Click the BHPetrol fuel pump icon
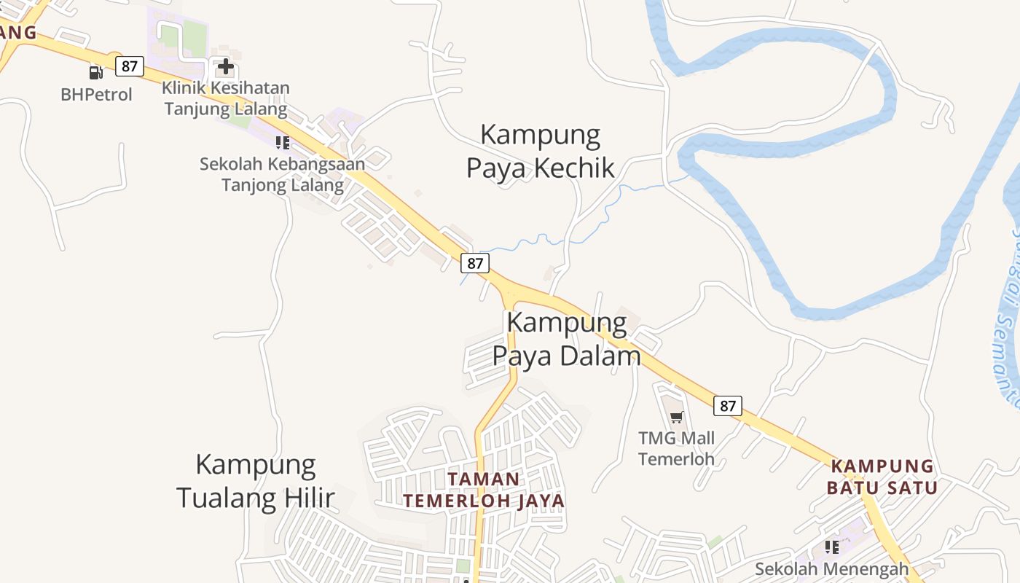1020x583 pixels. click(95, 72)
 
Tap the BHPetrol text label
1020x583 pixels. click(96, 94)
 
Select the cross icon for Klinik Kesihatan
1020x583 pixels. click(226, 67)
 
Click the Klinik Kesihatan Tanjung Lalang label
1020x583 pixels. click(225, 98)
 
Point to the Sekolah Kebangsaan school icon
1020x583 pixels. click(283, 142)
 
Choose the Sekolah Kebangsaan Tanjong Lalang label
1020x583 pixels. click(282, 174)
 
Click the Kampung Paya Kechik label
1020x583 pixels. click(540, 151)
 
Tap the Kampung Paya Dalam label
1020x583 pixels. click(566, 339)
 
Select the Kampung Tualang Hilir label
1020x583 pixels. click(256, 481)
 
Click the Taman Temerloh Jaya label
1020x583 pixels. click(484, 490)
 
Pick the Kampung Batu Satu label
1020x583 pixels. click(882, 477)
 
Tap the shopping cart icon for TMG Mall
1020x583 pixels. click(677, 418)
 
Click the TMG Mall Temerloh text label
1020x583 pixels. click(676, 448)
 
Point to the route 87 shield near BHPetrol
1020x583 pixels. click(129, 66)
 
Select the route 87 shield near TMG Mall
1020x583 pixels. click(727, 406)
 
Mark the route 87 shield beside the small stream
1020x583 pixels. click(474, 263)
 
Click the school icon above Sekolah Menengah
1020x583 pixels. click(831, 547)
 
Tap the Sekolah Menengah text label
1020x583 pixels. click(831, 568)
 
